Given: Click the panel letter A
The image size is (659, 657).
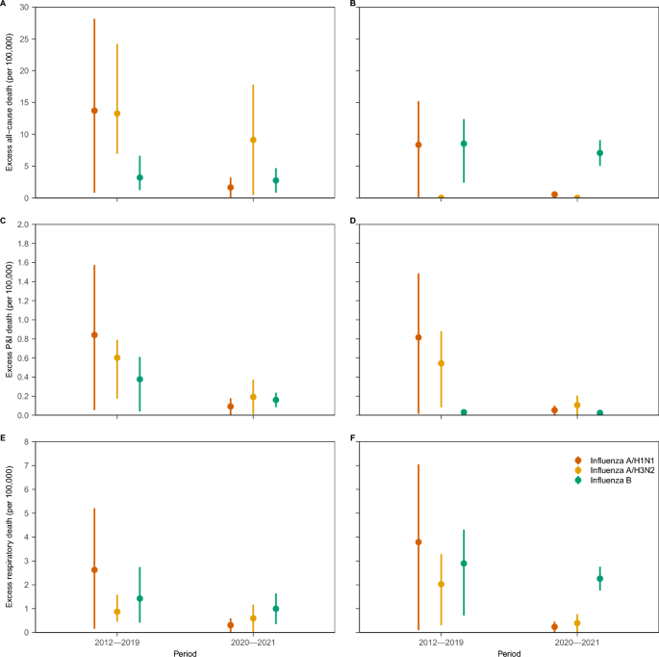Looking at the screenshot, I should click(4, 4).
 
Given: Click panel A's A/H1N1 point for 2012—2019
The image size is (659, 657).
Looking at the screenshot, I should click(94, 111).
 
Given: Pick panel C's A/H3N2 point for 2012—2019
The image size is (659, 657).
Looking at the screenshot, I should click(116, 357).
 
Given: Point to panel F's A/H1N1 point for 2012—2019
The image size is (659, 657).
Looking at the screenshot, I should click(418, 542).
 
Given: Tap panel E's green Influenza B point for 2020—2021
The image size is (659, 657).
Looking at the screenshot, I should click(275, 609).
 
